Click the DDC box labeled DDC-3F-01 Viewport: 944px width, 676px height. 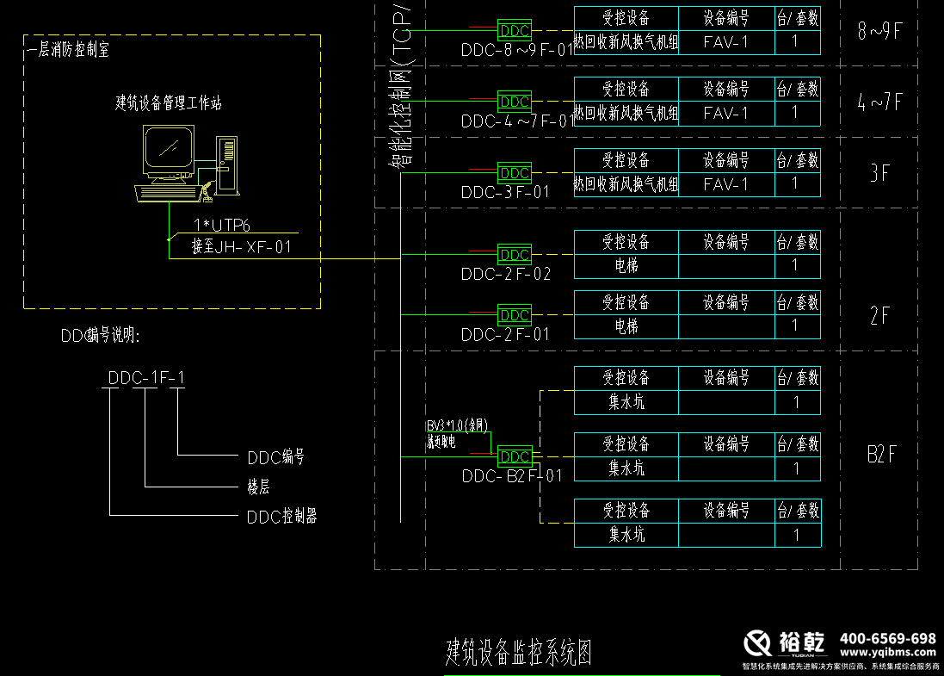pos(515,173)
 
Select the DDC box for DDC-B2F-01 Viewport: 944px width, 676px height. pos(515,456)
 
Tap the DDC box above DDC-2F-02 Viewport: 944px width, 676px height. pos(515,255)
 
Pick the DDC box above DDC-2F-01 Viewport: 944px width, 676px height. pos(515,315)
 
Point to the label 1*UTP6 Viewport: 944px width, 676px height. pos(222,226)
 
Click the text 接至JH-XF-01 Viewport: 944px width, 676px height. pos(243,248)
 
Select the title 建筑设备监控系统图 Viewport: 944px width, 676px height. pos(518,653)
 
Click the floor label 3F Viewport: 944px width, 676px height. pos(879,173)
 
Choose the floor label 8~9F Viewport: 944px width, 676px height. pos(879,32)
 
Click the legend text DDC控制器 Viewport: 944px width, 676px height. pos(282,517)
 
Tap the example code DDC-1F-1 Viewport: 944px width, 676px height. pos(146,377)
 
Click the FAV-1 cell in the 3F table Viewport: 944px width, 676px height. pos(725,184)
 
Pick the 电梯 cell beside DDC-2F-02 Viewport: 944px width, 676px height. pos(626,265)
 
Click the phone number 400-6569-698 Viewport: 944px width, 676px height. pos(887,639)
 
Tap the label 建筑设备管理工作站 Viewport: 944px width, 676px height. pos(169,103)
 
